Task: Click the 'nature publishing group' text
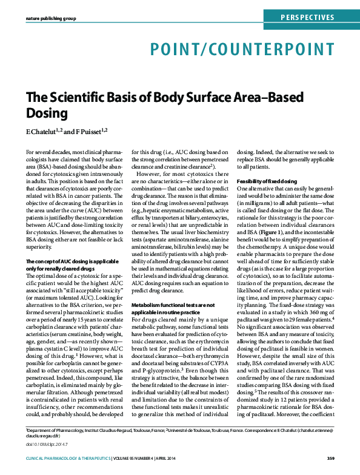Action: click(x=51, y=19)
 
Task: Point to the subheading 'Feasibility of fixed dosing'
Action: click(x=266, y=182)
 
